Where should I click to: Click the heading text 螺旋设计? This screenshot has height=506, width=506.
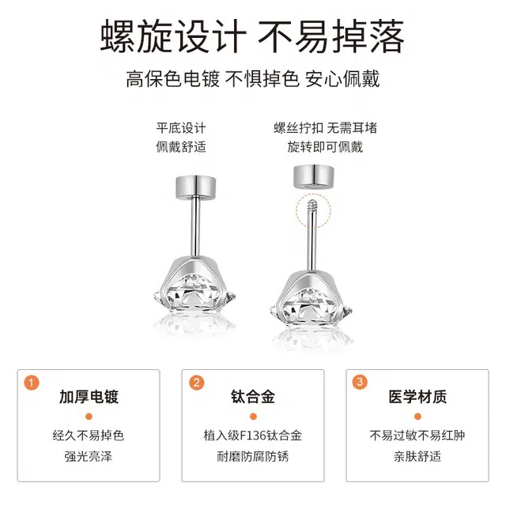point(173,36)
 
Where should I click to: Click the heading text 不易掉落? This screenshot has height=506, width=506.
point(330,36)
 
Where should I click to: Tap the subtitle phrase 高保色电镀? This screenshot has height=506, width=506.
point(172,79)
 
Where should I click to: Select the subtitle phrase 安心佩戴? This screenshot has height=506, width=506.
point(342,79)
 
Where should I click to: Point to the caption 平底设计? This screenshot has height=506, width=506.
point(181,128)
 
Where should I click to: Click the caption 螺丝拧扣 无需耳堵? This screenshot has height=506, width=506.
point(325,128)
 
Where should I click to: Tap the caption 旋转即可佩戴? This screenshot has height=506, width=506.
point(325,147)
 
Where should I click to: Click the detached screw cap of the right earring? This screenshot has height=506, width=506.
point(314,176)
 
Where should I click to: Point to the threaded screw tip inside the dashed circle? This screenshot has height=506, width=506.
point(312,206)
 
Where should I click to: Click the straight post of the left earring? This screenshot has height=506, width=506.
point(195,227)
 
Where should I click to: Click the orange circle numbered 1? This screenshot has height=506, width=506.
point(32,383)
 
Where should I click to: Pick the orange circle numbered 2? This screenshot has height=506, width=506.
point(197,383)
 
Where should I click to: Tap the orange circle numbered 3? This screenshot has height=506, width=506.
point(360,382)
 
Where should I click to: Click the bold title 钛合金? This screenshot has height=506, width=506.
point(253,397)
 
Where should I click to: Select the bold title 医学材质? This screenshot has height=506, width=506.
point(417,397)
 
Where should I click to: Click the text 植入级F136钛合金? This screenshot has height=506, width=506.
point(253,436)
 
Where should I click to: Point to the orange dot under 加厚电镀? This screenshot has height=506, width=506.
point(89,417)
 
